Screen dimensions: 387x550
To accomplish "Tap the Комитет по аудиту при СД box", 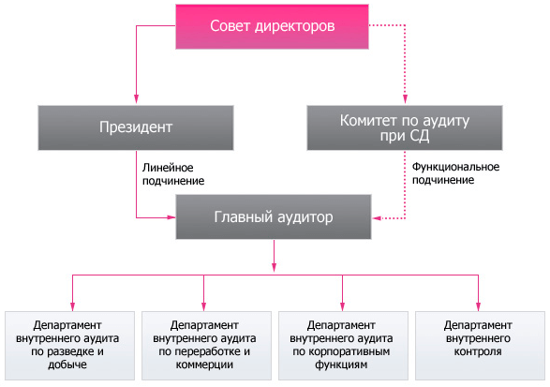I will [410, 127].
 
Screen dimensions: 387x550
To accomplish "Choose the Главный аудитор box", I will [274, 217].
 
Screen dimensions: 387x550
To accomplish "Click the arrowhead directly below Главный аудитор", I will [274, 260].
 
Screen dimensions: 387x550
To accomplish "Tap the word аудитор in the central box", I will [304, 217].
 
